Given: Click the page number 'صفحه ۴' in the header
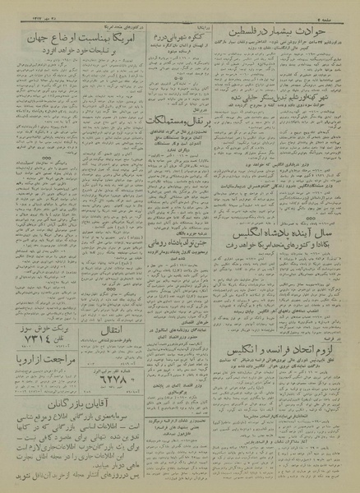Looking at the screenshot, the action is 339,11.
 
